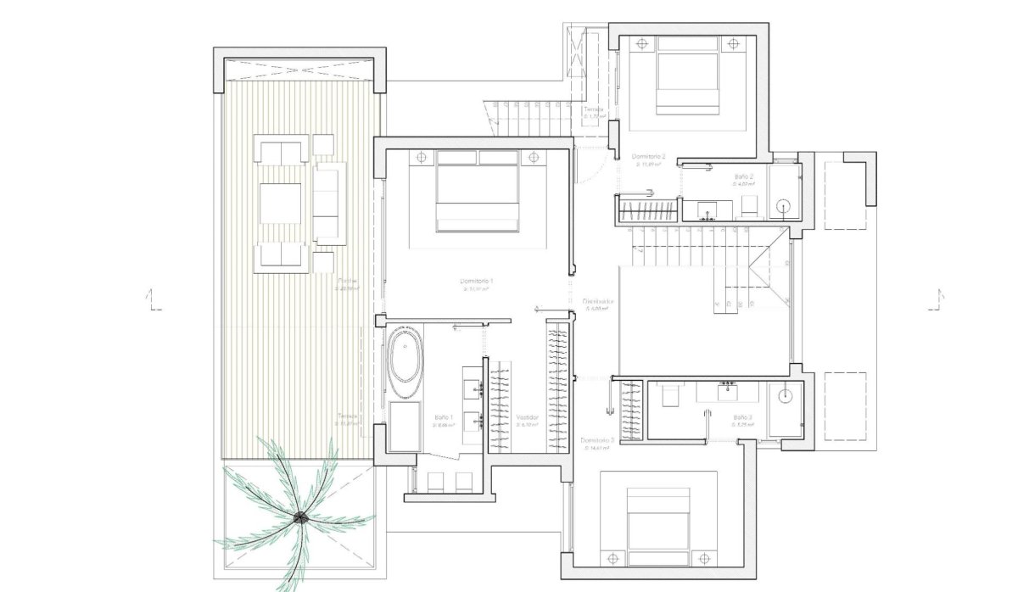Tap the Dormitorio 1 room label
(x=477, y=281)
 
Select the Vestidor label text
(x=527, y=417)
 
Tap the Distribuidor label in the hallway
(x=598, y=301)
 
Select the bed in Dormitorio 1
(x=477, y=197)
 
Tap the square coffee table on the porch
(x=280, y=203)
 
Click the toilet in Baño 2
(x=750, y=206)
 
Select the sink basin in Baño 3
(x=727, y=392)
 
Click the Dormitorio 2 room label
(x=649, y=157)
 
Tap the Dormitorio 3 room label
(x=597, y=440)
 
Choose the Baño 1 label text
(x=444, y=417)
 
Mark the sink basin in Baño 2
(x=707, y=209)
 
